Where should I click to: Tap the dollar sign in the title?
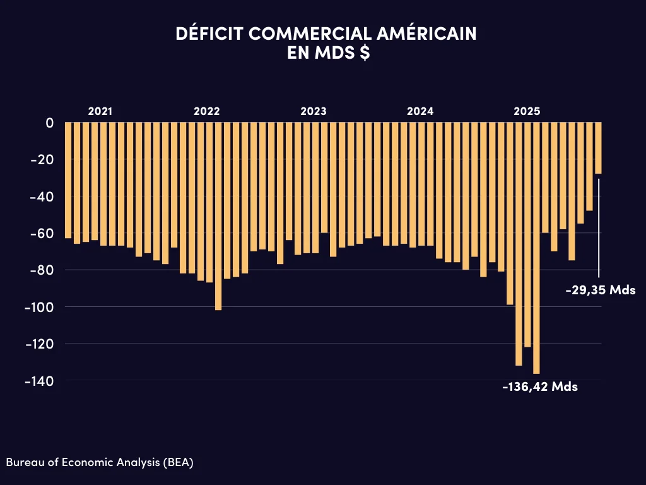pos(365,53)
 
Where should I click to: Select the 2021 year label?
pos(100,111)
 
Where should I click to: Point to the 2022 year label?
pos(206,111)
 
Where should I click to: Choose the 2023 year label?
pos(314,111)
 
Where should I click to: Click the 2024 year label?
pos(420,111)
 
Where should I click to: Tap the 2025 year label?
pos(527,111)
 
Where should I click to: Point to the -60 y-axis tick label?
pos(41,233)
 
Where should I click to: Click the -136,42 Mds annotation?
pos(540,386)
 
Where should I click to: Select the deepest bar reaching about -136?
pos(536,253)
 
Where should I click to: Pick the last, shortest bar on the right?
pos(598,148)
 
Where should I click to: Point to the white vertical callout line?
pos(599,227)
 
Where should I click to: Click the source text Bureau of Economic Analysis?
pos(100,462)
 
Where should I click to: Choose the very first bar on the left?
pos(68,180)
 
